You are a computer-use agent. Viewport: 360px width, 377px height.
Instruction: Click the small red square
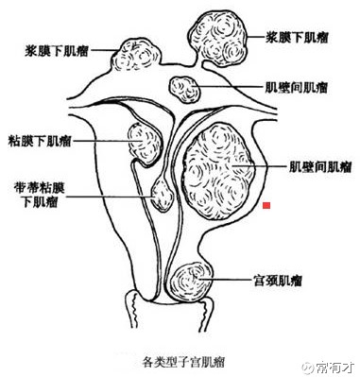266,205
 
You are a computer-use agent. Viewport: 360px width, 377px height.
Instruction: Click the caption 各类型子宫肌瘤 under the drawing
183,362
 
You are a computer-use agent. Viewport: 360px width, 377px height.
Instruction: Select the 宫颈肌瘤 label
278,281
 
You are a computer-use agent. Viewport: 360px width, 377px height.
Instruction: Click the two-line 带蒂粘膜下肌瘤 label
40,195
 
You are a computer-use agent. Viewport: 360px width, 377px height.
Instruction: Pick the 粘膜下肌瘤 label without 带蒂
40,142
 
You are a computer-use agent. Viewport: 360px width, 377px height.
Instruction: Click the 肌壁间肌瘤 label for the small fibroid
297,88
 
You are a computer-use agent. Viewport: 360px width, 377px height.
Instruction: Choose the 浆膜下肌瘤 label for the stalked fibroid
297,38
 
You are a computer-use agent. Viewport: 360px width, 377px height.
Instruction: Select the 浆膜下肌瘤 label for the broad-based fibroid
57,51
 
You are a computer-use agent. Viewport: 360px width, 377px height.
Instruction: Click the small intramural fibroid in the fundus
185,89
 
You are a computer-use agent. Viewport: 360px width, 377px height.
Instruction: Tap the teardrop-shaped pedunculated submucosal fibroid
162,196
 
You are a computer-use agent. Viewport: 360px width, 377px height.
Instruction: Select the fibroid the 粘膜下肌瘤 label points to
144,144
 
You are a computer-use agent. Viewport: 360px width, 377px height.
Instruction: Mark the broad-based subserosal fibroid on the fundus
137,55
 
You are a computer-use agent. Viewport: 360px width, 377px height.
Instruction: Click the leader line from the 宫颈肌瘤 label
224,279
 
